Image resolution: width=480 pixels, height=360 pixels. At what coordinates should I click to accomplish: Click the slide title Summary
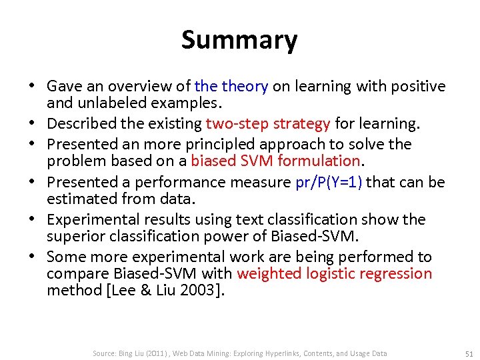[x=239, y=40]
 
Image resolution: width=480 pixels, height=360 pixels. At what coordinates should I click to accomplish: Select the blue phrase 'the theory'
[x=231, y=86]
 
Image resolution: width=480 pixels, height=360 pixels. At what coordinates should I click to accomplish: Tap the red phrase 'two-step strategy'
[x=268, y=123]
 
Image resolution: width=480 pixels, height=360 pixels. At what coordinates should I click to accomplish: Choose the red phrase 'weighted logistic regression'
[x=334, y=273]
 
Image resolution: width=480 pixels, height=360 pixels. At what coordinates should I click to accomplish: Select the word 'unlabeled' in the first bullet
[x=104, y=103]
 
